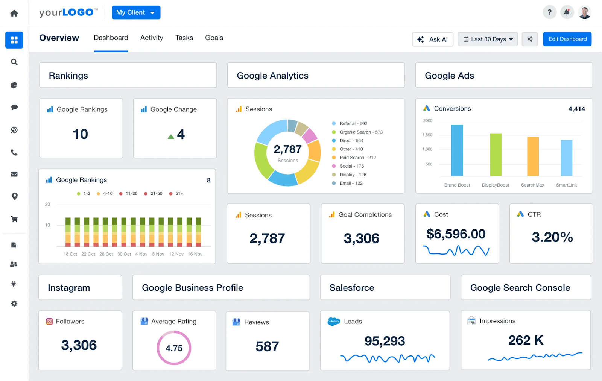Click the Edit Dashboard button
pyautogui.click(x=567, y=39)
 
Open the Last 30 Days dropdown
pyautogui.click(x=488, y=39)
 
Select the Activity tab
pyautogui.click(x=152, y=38)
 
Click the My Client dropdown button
pyautogui.click(x=136, y=12)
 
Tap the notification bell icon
pyautogui.click(x=566, y=12)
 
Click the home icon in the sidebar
pyautogui.click(x=14, y=13)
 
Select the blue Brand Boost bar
pyautogui.click(x=457, y=150)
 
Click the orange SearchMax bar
pyautogui.click(x=533, y=156)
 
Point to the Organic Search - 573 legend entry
pyautogui.click(x=360, y=132)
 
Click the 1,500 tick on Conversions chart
pyautogui.click(x=427, y=135)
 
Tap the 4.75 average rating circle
pyautogui.click(x=174, y=348)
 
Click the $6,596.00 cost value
pyautogui.click(x=456, y=234)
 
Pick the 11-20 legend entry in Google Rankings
pyautogui.click(x=128, y=194)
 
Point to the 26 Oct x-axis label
pyautogui.click(x=106, y=254)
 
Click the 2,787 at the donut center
pyautogui.click(x=287, y=149)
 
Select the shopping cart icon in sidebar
pyautogui.click(x=14, y=219)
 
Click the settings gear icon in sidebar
pyautogui.click(x=14, y=304)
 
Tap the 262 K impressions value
pyautogui.click(x=526, y=340)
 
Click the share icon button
pyautogui.click(x=530, y=39)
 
